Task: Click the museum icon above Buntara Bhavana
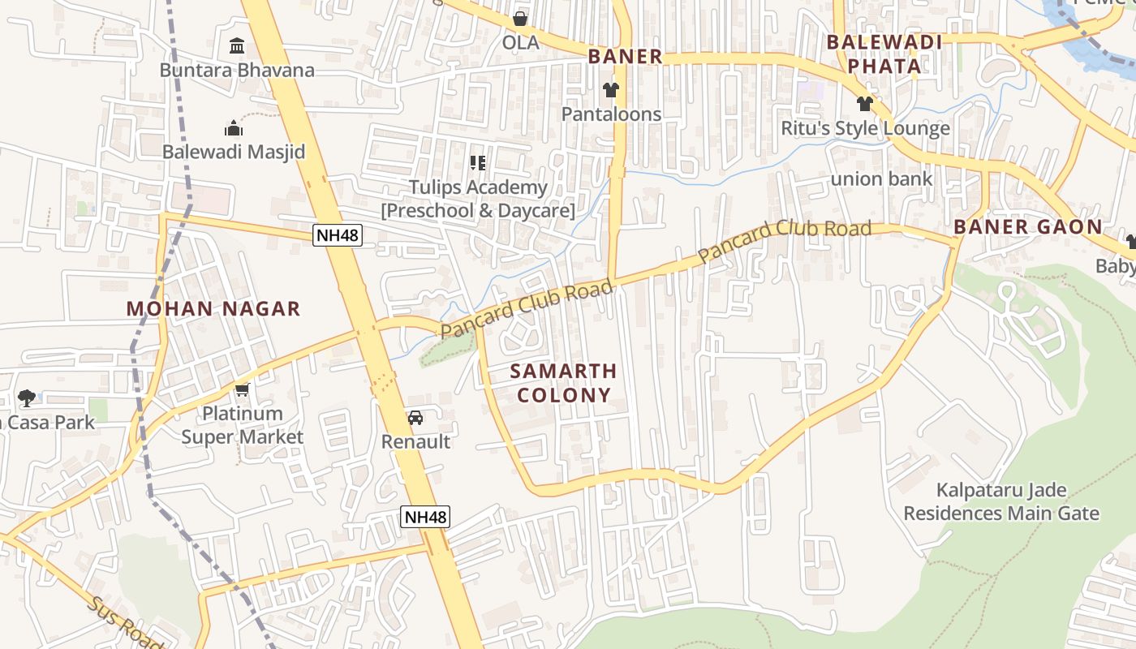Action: pos(236,46)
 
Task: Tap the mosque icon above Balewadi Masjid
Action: pos(234,128)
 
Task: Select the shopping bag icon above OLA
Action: pos(520,18)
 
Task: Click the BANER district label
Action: pos(625,57)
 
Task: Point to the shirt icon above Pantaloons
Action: pos(611,90)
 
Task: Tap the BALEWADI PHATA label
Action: pos(884,54)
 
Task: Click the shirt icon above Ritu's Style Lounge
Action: pos(864,104)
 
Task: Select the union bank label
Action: pos(881,178)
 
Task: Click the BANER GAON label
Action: pos(1028,227)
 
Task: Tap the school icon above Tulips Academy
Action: pos(478,163)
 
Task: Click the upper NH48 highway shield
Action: pos(338,236)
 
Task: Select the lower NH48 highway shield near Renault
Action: pos(425,517)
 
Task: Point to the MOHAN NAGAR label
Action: pos(213,309)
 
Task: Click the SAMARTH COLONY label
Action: pos(564,383)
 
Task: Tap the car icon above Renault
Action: pos(415,418)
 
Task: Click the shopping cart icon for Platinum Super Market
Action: pos(242,389)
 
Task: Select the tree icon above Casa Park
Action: pos(27,398)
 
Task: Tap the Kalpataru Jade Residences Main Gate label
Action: pos(1001,501)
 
